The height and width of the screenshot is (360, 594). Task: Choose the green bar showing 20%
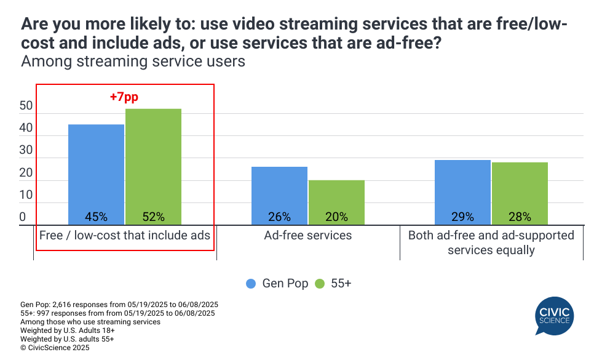pos(336,202)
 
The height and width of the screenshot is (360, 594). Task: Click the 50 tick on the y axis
pos(26,106)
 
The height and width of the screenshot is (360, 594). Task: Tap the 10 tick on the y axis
pos(26,195)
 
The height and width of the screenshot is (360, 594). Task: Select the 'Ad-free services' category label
pos(308,235)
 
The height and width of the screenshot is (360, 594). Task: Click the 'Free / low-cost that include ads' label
pos(125,235)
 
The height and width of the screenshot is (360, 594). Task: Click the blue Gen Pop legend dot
pos(251,284)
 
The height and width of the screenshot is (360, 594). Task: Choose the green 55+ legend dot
pos(319,284)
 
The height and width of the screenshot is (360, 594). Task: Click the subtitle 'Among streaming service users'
pos(133,62)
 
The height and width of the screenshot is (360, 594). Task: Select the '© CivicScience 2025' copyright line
pos(55,348)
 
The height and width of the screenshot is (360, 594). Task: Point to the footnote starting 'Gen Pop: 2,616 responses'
pos(119,305)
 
